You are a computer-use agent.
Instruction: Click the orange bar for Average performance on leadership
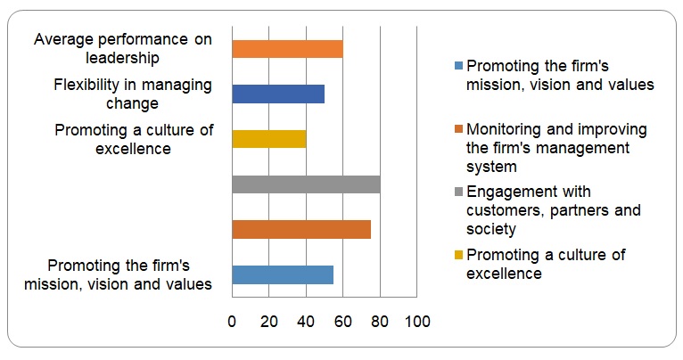tap(287, 49)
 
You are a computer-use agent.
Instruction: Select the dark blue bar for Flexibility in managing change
tap(277, 94)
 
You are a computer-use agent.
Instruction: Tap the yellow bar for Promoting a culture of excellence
tap(268, 139)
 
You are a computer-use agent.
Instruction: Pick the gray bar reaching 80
tap(306, 184)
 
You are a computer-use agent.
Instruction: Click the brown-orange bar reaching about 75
tap(300, 229)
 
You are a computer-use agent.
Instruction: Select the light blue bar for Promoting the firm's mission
tap(282, 274)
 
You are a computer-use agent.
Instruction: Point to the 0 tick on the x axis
tap(232, 322)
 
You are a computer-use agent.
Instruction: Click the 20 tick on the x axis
tap(269, 322)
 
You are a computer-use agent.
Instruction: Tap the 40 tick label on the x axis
tap(306, 322)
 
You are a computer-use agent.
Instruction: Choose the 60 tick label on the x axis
tap(343, 322)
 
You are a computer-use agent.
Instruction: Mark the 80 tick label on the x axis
tap(380, 322)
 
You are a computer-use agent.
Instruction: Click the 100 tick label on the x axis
tap(417, 322)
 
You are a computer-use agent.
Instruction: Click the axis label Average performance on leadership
tap(123, 49)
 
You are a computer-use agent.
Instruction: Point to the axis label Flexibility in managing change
tap(132, 94)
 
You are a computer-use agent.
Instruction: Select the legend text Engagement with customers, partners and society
tap(554, 210)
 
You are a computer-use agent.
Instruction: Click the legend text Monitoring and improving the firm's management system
tap(556, 147)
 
